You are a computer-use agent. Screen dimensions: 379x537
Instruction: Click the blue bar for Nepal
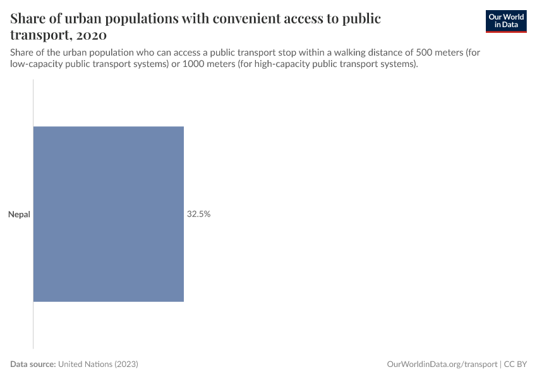click(x=108, y=214)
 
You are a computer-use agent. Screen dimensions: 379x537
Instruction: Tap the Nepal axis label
click(x=19, y=215)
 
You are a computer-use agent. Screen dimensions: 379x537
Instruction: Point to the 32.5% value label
click(x=198, y=215)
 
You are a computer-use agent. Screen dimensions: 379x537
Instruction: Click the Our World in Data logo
click(x=505, y=21)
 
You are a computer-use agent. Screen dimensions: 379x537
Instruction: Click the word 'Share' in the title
click(x=29, y=18)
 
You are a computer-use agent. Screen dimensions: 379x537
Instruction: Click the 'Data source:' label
click(x=33, y=364)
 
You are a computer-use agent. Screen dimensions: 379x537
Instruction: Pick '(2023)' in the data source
click(x=126, y=364)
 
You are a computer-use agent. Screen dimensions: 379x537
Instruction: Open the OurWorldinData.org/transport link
click(x=441, y=364)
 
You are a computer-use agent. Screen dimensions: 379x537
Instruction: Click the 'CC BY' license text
click(x=516, y=364)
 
